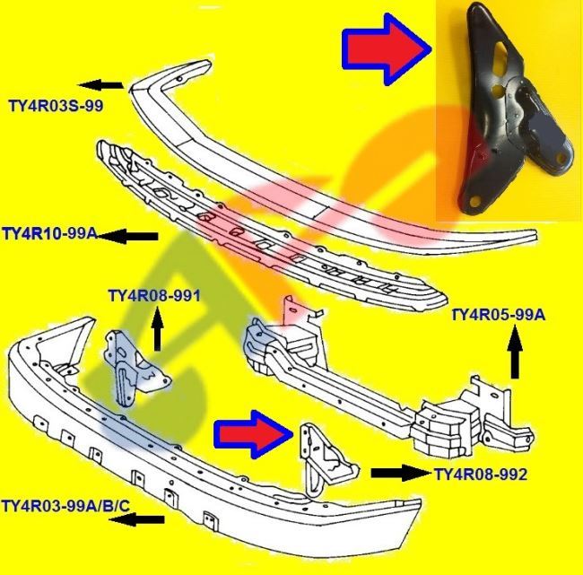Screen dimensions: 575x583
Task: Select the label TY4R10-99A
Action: tap(50, 235)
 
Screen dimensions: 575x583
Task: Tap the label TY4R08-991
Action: tap(153, 295)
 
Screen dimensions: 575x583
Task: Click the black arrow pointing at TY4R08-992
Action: tap(399, 473)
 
